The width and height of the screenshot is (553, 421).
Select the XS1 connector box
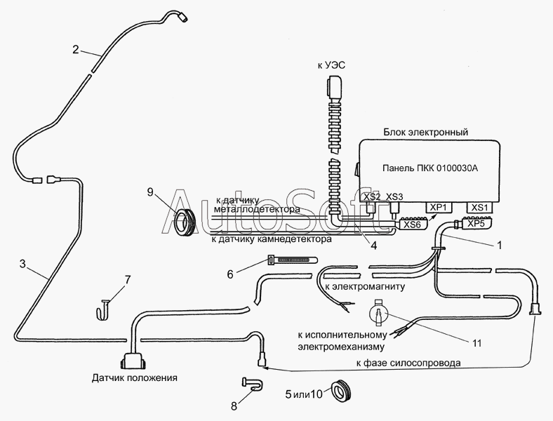480,207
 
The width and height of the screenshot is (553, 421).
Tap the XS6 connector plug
412,223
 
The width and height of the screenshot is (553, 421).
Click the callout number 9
151,192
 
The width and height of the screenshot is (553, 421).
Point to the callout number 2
76,50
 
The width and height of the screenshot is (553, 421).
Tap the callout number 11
477,342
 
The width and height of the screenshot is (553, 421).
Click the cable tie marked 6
293,260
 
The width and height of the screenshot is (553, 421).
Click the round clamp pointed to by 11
379,312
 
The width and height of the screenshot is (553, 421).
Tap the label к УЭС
331,65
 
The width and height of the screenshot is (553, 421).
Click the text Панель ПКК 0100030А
430,168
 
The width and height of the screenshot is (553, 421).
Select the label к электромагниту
365,286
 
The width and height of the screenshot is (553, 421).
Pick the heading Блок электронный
426,132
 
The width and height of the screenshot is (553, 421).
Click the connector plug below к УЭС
334,89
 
